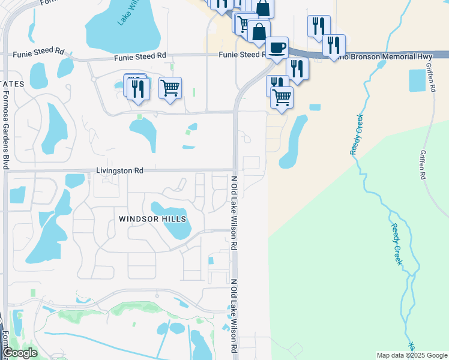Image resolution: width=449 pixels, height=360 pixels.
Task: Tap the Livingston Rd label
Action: pos(119,171)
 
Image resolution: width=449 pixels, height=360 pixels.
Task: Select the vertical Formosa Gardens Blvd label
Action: pos(5,133)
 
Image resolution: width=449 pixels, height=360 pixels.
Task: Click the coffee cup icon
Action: pos(277,47)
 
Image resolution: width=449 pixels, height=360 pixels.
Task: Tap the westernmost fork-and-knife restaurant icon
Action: pos(139,88)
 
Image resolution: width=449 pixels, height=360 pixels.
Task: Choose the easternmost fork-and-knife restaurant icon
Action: pos(334,45)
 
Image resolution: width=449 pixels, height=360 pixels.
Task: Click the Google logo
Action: pos(19,353)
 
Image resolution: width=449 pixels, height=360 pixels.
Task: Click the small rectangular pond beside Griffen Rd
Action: pos(417,80)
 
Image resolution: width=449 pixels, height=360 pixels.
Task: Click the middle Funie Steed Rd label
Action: pos(140,56)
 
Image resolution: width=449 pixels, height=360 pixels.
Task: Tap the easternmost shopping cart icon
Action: pos(282,97)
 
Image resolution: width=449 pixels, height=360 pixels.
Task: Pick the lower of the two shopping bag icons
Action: pos(259,32)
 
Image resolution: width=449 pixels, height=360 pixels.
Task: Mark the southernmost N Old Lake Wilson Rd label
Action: pos(234,315)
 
